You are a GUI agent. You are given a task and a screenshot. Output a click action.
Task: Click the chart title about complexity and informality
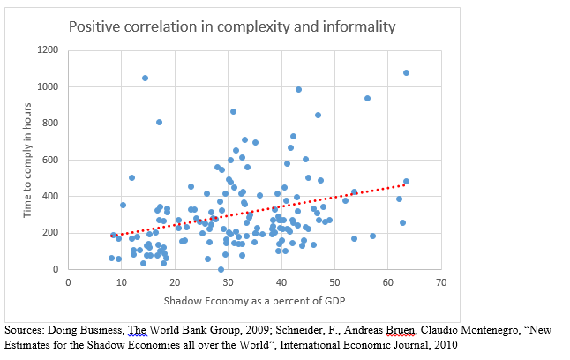coord(233,26)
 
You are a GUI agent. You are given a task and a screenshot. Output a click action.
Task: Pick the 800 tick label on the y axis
coord(49,124)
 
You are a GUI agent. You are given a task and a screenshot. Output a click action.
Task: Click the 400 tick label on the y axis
coord(49,196)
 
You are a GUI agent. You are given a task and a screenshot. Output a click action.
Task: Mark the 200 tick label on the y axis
coord(49,233)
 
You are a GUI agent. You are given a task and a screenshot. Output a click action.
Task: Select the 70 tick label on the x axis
coord(441,283)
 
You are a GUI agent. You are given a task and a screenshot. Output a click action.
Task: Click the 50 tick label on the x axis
coord(334,283)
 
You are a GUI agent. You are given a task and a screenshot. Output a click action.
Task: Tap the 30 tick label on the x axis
coord(228,283)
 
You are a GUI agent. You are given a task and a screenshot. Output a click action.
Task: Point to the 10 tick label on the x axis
coord(121,283)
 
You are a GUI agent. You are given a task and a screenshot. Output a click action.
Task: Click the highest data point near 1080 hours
coord(406,72)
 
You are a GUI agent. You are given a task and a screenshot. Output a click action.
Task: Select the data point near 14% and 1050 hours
coord(145,78)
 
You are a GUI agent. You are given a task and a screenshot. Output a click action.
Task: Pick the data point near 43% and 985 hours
coord(298,89)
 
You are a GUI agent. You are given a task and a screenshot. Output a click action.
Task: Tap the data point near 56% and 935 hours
coord(367,98)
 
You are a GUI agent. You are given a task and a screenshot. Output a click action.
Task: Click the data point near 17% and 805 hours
coord(159,122)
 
